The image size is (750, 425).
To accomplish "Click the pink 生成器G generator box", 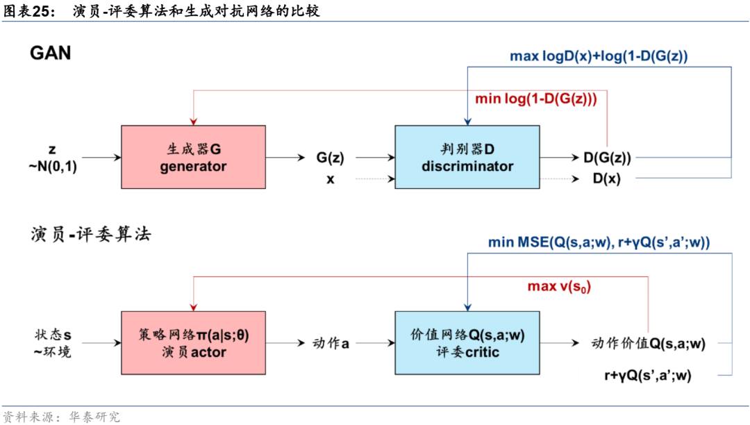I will (x=193, y=157).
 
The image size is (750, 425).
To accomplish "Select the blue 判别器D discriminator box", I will (x=467, y=157).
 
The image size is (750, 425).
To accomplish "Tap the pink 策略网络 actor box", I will (x=193, y=343).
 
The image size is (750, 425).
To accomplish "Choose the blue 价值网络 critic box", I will (x=467, y=343).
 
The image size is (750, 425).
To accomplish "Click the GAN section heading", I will (x=50, y=53).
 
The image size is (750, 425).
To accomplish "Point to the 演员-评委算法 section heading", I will (x=90, y=235).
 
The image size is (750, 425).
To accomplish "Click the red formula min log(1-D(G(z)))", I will (x=535, y=99).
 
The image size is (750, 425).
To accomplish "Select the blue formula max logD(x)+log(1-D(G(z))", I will (x=599, y=56).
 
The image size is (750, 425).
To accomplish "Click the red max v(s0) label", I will (x=559, y=286).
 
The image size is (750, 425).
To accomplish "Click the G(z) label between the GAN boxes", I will (x=330, y=158).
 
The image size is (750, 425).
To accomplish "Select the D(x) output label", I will (x=607, y=178).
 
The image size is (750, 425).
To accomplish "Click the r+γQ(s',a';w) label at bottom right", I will (x=648, y=376).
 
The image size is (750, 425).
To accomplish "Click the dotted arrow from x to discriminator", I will (x=374, y=179).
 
